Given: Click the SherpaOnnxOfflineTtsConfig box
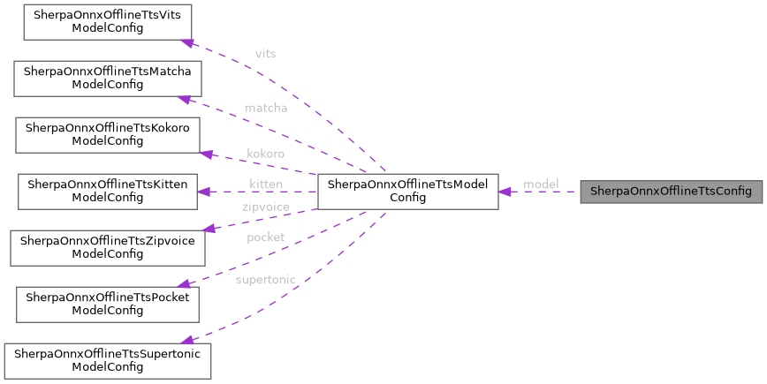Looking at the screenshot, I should [671, 192].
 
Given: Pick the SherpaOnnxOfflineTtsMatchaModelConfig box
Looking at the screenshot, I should [107, 79].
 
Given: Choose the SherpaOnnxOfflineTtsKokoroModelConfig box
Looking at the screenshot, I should [107, 134].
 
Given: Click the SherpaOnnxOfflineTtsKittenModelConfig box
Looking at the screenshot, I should [106, 192].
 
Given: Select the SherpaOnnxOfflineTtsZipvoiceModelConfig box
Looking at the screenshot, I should [107, 248].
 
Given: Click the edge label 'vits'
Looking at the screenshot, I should [265, 54].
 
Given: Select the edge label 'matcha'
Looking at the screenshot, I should [265, 109].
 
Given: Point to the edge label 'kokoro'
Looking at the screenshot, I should [265, 154].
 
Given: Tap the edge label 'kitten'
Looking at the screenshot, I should [265, 184].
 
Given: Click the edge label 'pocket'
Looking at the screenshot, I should [265, 238].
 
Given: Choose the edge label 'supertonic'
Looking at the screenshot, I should [265, 280].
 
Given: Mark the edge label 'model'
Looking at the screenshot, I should [541, 184].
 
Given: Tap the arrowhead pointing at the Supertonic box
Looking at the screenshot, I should [186, 339].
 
